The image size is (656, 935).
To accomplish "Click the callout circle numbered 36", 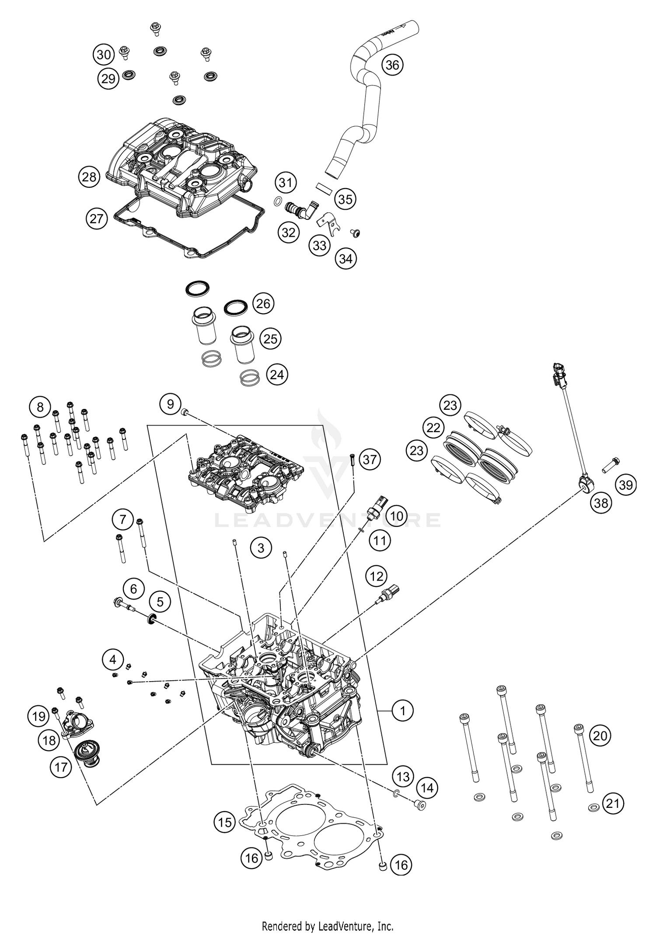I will (392, 65).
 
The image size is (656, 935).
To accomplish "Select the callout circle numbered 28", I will (89, 177).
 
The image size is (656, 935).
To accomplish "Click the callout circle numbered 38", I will (600, 503).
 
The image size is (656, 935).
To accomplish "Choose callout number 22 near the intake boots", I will (433, 427).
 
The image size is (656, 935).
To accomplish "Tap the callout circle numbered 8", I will (40, 407).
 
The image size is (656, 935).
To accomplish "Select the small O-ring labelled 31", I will (277, 201).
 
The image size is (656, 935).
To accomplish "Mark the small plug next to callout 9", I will (185, 412).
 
